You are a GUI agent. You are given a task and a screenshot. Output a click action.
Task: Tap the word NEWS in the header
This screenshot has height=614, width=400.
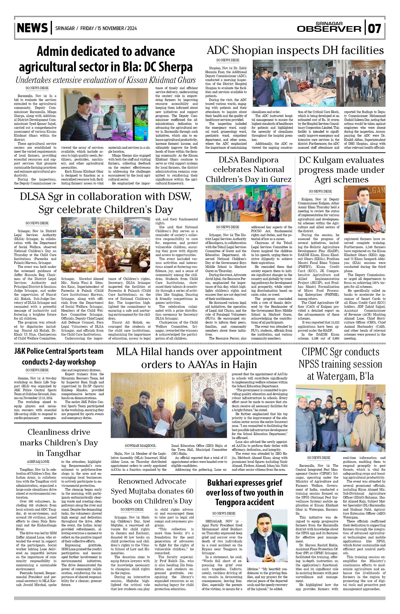click(x=32, y=28)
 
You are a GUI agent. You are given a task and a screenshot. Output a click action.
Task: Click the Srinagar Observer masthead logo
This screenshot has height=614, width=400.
click(x=329, y=27)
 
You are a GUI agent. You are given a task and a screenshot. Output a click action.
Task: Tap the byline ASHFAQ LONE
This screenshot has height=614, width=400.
click(x=38, y=462)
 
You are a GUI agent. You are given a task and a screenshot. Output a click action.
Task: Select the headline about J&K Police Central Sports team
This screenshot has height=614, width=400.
click(x=59, y=356)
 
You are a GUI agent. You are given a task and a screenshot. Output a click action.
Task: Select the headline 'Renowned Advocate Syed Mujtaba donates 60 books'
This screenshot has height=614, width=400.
click(x=152, y=491)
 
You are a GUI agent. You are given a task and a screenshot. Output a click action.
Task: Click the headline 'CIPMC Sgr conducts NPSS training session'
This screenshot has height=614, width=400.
click(x=340, y=364)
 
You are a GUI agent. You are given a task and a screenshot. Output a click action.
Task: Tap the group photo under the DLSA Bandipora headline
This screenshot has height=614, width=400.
click(x=248, y=203)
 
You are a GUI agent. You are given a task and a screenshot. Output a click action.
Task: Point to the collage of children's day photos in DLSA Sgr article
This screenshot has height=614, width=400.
click(x=106, y=245)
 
